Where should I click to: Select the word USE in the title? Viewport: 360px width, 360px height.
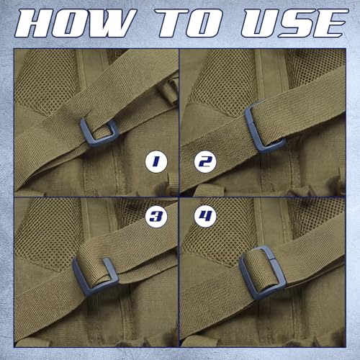coord(294,24)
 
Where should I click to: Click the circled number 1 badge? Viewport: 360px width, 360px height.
coord(156,161)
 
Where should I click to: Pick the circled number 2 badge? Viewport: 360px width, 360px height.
coord(205,161)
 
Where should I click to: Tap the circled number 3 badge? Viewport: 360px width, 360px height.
coord(156,216)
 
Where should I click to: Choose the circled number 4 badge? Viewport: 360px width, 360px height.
coord(205,216)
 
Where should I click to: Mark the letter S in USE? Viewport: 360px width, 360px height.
coord(297,24)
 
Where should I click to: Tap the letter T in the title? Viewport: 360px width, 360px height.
coord(172,24)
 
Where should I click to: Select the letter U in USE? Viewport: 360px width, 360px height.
coord(261,24)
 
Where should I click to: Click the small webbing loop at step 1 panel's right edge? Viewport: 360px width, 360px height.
coord(170,90)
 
